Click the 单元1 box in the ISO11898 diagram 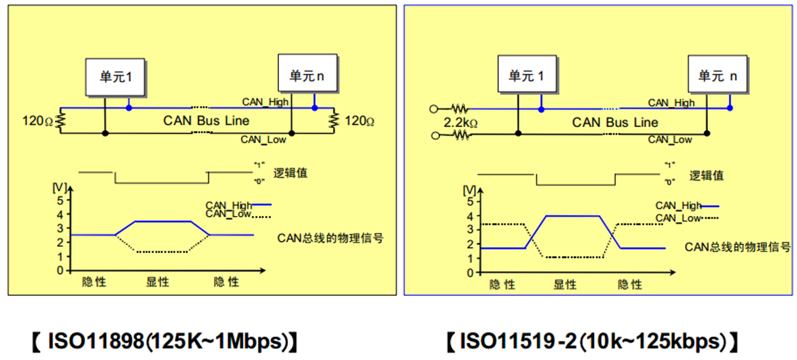tap(116, 76)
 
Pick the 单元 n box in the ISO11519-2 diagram tap(718, 76)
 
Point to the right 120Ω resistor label tap(359, 121)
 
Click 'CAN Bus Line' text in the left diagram tap(206, 121)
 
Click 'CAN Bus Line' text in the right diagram tap(615, 122)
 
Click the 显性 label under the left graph tap(157, 282)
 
